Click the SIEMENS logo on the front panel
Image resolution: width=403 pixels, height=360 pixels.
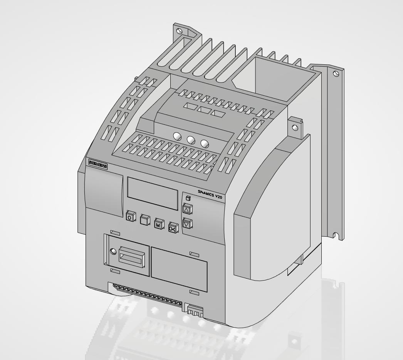(x=97, y=163)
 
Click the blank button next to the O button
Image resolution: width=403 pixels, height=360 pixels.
(x=144, y=220)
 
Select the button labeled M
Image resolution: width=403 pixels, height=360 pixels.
(x=158, y=224)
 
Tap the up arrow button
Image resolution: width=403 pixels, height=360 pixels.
(x=187, y=210)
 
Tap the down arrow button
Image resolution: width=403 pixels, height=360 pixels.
(x=187, y=223)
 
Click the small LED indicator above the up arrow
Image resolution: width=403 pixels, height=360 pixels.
(x=188, y=198)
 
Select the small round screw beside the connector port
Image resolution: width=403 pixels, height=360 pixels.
(x=113, y=252)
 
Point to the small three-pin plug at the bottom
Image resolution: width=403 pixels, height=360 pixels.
(x=195, y=310)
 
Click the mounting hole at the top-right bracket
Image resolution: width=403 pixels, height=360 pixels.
(x=336, y=73)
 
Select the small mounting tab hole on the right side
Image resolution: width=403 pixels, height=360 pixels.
(x=295, y=127)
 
